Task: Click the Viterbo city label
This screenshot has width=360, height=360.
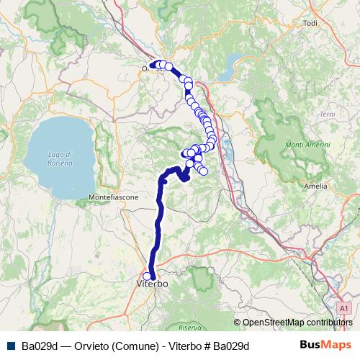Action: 152,285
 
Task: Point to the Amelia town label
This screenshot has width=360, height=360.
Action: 315,186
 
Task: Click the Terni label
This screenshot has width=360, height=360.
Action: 328,114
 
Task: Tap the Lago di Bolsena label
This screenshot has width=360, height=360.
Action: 60,159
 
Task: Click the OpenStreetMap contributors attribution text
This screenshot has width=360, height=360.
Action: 297,323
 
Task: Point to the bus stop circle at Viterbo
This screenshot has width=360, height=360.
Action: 148,276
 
